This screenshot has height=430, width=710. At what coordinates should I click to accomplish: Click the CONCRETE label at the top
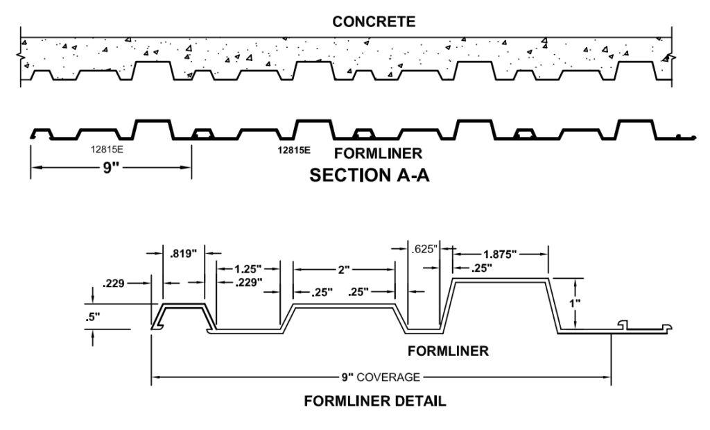374,21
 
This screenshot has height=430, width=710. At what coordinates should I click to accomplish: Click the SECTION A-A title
369,175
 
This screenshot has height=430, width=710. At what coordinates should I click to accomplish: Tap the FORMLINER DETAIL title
374,400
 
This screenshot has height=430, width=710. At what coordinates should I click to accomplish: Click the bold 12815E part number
293,149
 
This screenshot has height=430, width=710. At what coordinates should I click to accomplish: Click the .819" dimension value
183,253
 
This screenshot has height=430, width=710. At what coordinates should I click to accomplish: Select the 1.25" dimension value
248,268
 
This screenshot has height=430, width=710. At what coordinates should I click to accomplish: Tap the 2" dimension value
344,268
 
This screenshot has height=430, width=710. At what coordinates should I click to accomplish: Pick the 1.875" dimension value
501,255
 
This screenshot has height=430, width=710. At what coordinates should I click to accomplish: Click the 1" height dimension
589,303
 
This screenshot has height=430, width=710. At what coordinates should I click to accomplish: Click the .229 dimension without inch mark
113,283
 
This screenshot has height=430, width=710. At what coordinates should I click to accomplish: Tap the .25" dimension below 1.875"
479,268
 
